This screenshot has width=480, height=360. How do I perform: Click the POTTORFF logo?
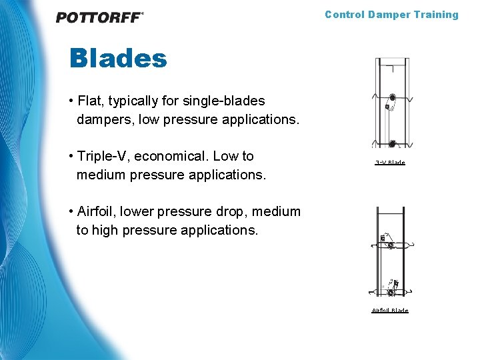pos(99,17)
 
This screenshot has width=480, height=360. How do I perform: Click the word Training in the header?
pos(435,15)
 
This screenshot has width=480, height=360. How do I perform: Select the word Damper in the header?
pos(387,15)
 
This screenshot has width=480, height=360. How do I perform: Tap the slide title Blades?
pos(118,59)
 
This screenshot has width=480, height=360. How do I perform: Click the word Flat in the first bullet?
pos(90,101)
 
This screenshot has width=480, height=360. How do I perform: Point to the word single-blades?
pos(225,101)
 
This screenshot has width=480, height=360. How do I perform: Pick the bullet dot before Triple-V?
pos(71,156)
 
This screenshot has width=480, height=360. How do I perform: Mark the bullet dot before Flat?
pos(71,101)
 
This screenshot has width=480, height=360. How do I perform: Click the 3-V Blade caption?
pos(390,163)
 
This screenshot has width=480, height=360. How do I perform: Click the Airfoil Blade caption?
pos(390,311)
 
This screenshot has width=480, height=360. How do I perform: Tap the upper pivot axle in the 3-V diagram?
pos(393,97)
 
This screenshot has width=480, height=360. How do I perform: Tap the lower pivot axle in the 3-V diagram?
pos(393,143)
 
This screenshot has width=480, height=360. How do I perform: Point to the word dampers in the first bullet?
pos(102,120)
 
